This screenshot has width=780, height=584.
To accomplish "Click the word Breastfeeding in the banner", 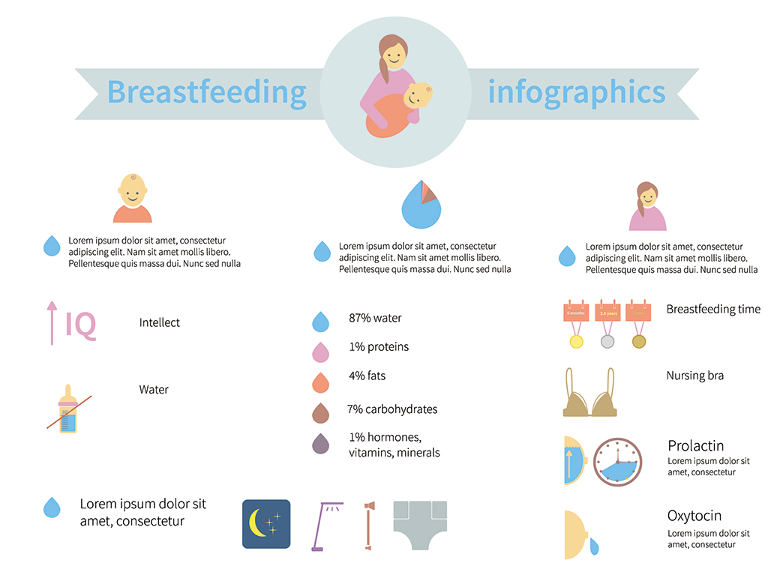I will [x=207, y=92].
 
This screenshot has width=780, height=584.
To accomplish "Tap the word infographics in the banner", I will [x=576, y=92].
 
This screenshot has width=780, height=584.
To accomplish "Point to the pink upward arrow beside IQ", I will [x=52, y=322].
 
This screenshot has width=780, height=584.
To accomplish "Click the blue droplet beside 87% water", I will [x=321, y=322].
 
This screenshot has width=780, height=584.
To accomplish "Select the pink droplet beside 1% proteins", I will [x=321, y=352].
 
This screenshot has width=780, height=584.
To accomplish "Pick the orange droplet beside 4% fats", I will [x=321, y=382].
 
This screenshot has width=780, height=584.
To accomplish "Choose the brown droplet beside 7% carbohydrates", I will [x=321, y=412].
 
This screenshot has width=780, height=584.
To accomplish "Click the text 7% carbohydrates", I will [x=392, y=409].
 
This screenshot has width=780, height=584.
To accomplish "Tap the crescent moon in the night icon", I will [x=259, y=524].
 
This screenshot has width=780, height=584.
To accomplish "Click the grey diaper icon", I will [x=419, y=526].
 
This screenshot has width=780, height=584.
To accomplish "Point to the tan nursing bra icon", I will [x=589, y=395].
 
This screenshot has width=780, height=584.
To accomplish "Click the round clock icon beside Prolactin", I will [x=618, y=462].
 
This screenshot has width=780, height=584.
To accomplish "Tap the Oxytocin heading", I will [x=694, y=516].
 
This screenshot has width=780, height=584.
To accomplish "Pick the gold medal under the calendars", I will [x=576, y=342].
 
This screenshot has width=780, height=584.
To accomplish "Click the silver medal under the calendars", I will [x=607, y=342].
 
